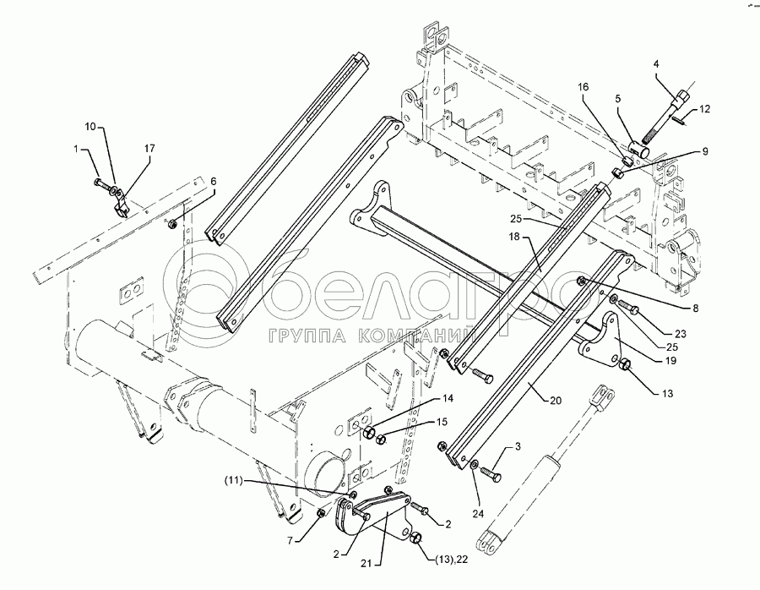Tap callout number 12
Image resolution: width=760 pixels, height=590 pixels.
coord(706,108)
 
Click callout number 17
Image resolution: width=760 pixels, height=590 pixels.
coord(149,149)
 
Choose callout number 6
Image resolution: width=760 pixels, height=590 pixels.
coord(213,181)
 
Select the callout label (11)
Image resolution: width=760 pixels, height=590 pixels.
coord(328,480)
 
